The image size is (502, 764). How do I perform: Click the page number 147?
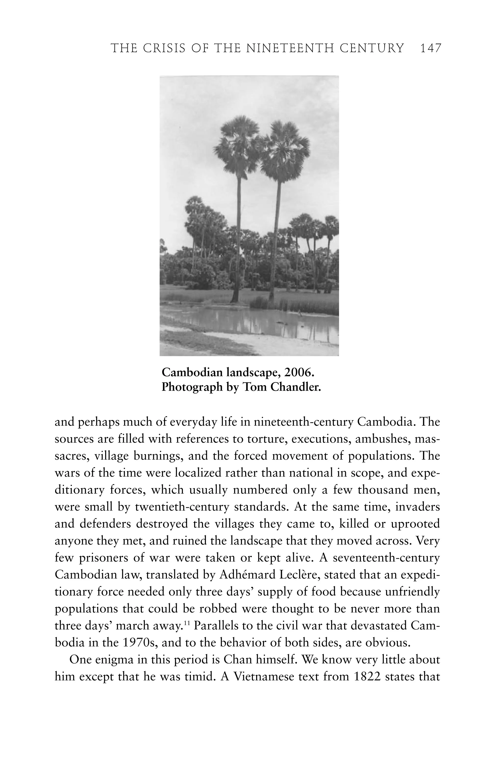point(431,49)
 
